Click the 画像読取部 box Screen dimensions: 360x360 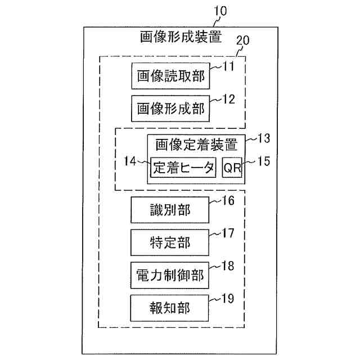tap(170, 77)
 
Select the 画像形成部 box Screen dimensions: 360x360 tap(170, 109)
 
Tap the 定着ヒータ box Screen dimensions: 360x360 tap(183, 167)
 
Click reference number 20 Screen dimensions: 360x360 tap(243, 41)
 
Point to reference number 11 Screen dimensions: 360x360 tap(228, 67)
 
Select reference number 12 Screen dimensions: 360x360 tap(228, 99)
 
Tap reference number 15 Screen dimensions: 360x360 tap(262, 161)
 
